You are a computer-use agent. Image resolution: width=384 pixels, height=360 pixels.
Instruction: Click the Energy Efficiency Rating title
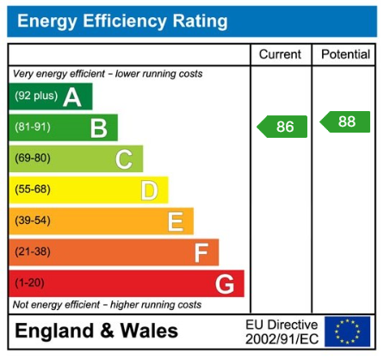pos(122,21)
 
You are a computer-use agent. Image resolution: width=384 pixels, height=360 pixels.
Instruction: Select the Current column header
pos(280,54)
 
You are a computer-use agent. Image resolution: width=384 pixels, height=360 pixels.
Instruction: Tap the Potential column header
pos(345,54)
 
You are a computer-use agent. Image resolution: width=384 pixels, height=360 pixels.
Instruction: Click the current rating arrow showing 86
pos(282,127)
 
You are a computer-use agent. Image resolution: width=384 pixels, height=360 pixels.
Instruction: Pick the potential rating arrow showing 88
pos(345,121)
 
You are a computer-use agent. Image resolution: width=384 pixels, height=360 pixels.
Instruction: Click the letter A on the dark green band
pos(72,97)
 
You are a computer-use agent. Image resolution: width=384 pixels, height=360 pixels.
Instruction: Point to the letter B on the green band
pos(99,128)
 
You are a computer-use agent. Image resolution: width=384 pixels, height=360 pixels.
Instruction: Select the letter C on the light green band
pos(124,159)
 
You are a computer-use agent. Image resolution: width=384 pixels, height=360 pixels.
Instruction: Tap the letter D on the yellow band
pos(149,190)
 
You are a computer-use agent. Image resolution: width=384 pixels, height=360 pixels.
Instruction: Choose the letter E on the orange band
pos(175,222)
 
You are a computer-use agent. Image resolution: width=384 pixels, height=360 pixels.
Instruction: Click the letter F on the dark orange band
pos(201,253)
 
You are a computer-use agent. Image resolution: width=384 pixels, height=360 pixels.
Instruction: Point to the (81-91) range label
pos(32,127)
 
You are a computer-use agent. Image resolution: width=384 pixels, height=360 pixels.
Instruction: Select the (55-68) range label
pos(32,189)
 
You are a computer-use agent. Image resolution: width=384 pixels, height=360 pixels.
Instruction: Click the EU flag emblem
pos(347,332)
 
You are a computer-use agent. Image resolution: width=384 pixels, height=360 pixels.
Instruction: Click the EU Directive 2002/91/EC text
pos(282,332)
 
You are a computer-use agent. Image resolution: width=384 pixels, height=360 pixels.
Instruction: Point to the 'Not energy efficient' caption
pos(107,305)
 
